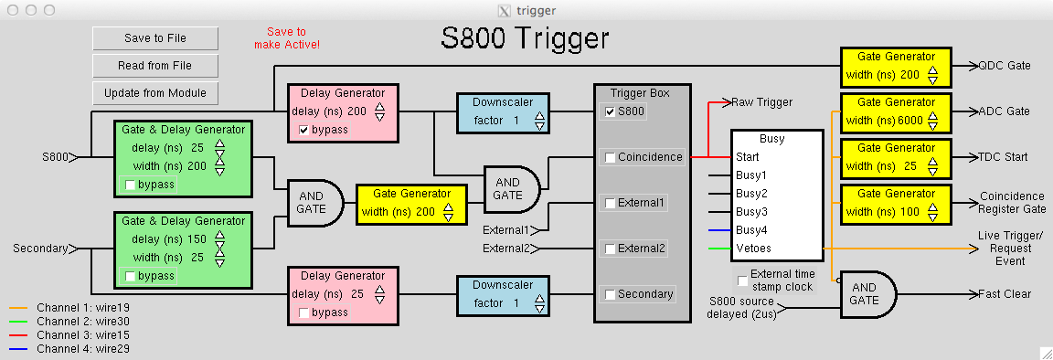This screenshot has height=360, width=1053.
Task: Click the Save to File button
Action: pos(155,38)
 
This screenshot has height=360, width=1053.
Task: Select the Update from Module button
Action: pos(155,92)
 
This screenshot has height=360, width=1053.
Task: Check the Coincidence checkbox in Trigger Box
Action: pos(610,157)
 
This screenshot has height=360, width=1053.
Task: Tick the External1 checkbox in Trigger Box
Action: pos(610,203)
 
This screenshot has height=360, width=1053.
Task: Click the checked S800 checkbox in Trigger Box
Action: pos(610,111)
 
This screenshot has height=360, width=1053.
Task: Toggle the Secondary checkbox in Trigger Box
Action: pos(610,294)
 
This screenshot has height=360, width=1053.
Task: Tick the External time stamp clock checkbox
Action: pos(742,281)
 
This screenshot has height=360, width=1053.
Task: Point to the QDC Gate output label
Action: pos(1005,66)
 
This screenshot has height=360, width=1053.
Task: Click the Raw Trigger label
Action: pos(761,102)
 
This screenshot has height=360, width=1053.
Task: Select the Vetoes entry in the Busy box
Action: pos(753,249)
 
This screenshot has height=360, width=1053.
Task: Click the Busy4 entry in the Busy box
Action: pos(751,230)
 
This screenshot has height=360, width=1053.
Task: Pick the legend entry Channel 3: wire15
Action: pos(83,334)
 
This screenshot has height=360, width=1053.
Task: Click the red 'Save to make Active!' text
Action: pos(287,37)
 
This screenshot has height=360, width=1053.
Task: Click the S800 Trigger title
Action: pos(525,38)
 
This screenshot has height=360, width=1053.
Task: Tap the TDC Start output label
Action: pos(1004,157)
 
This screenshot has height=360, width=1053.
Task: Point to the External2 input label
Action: pos(507,249)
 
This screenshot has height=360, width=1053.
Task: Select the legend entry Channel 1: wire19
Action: pos(83,308)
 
